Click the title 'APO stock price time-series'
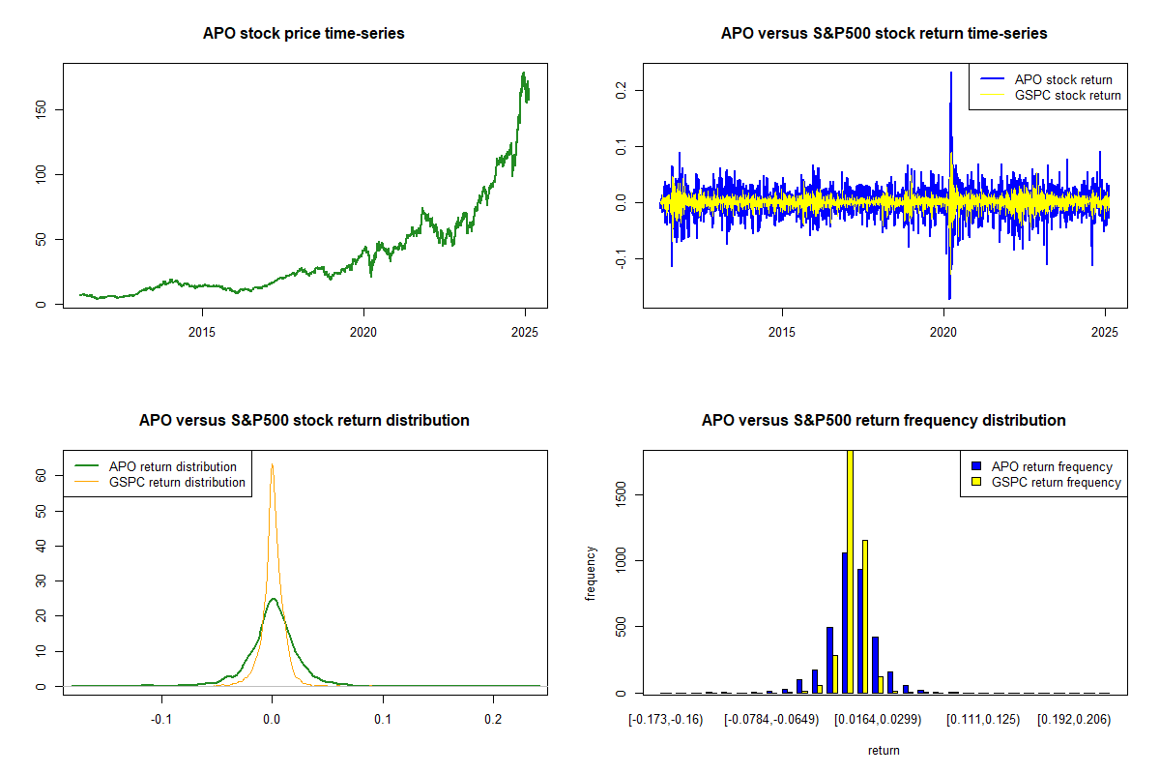coord(304,34)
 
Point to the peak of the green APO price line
coord(523,74)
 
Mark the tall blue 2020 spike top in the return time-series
coord(951,73)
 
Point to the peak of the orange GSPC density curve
coord(273,465)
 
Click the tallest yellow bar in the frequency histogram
coord(850,571)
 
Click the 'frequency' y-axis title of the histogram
coord(591,573)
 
